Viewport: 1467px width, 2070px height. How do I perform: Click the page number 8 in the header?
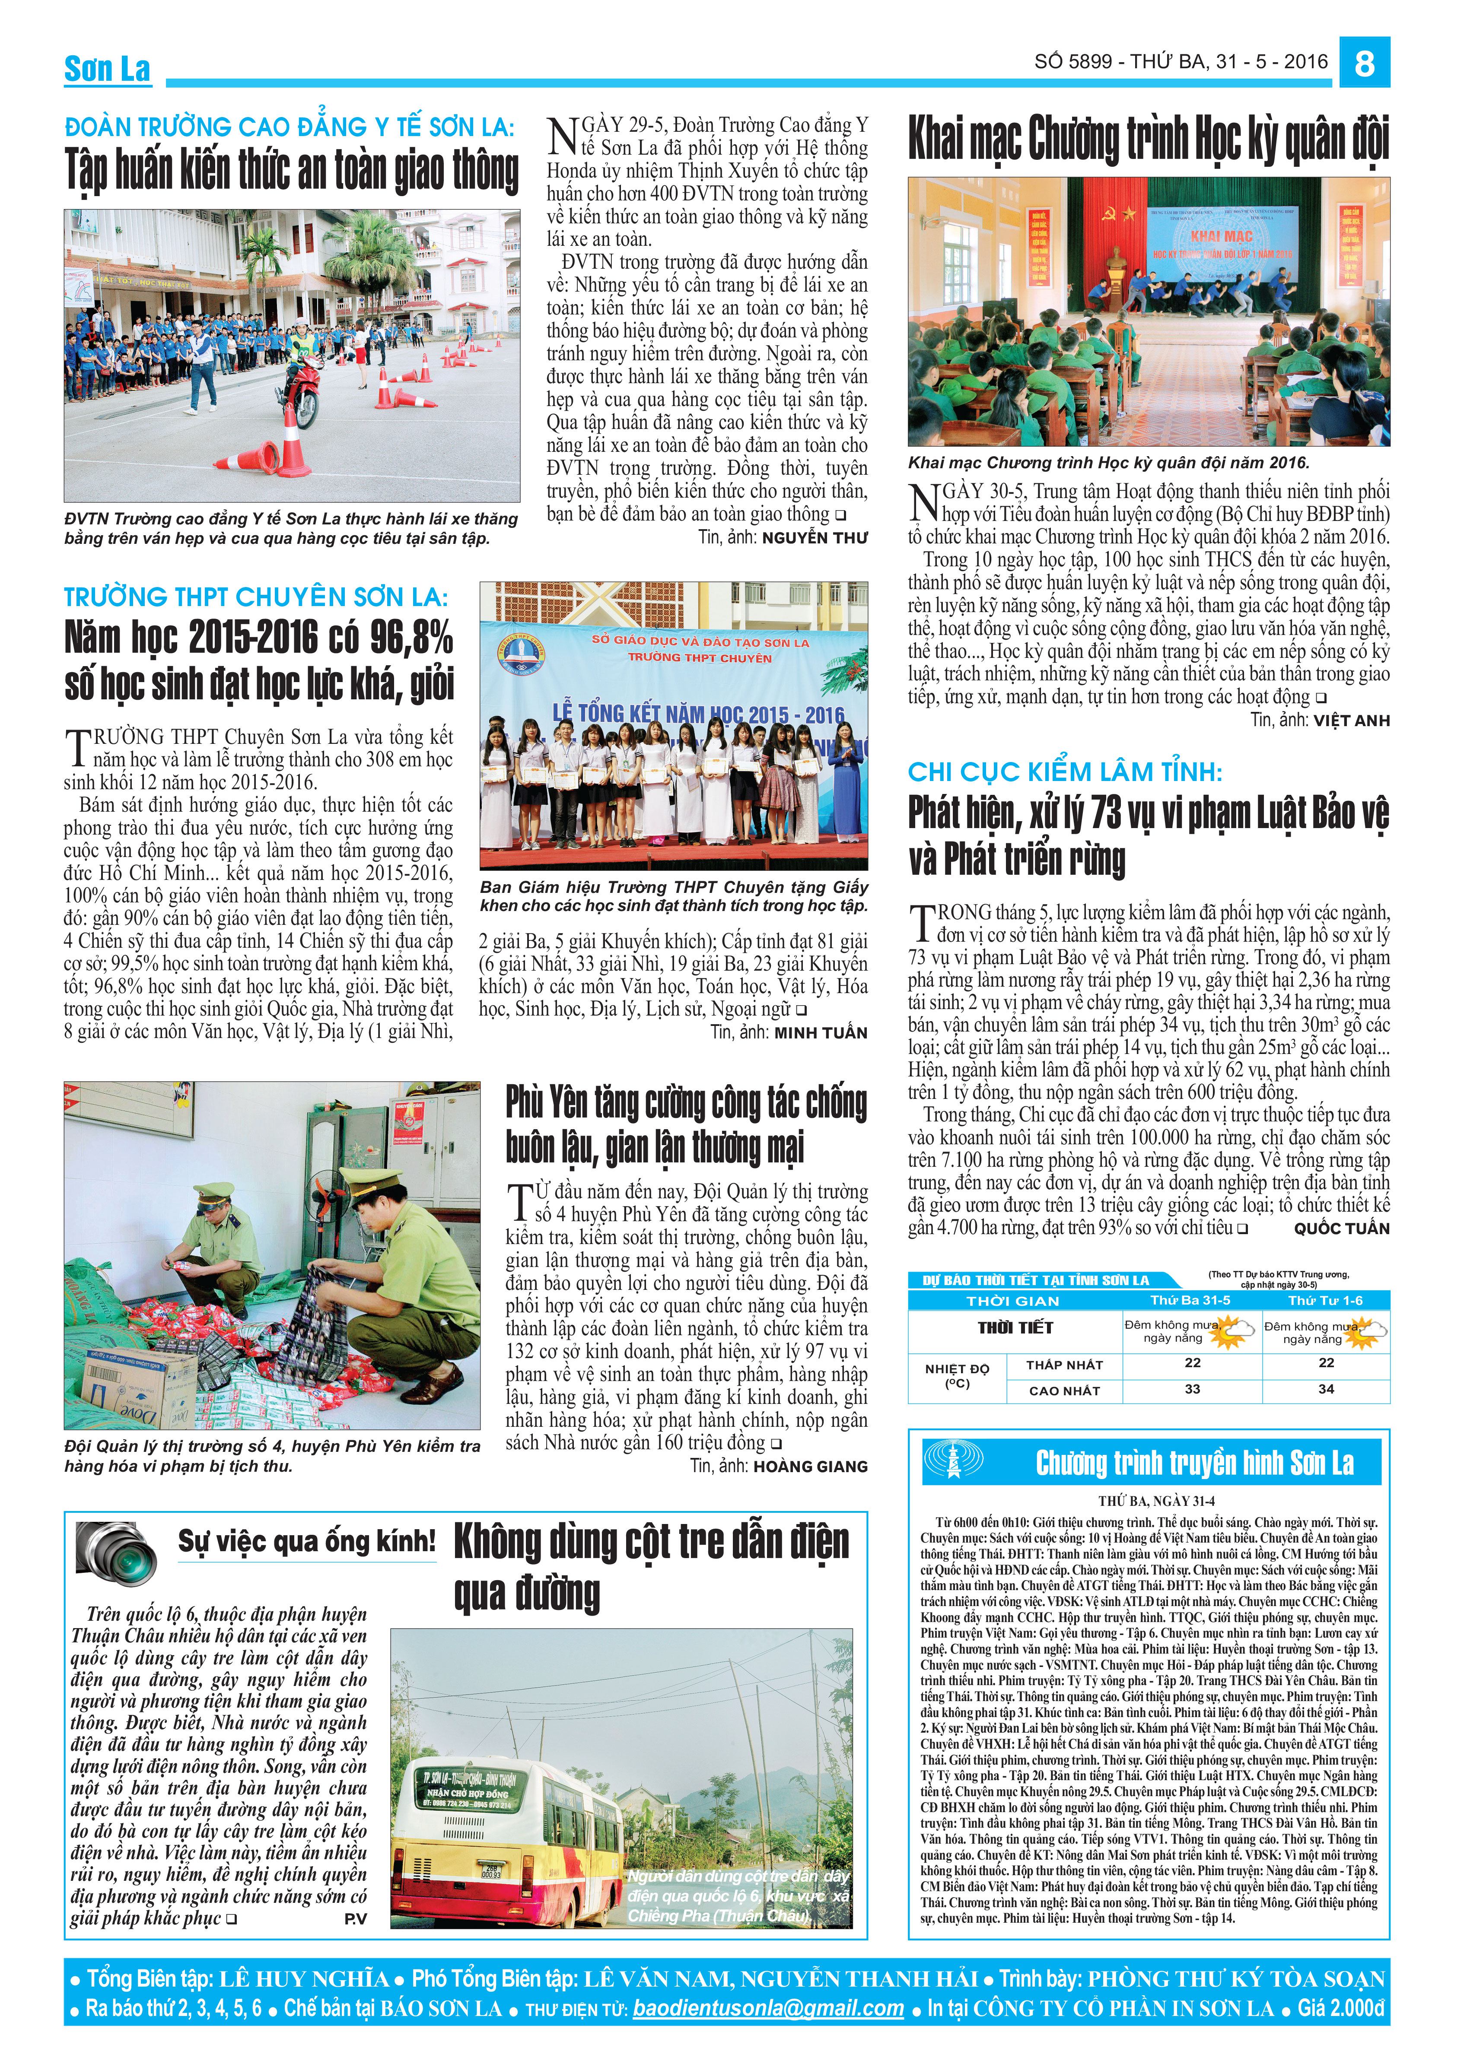[x=1364, y=63]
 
